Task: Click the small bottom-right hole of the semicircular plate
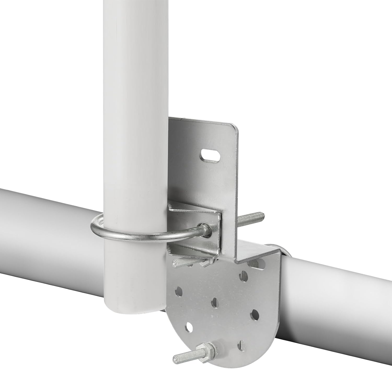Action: tap(243, 343)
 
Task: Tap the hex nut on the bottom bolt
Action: tap(211, 348)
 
